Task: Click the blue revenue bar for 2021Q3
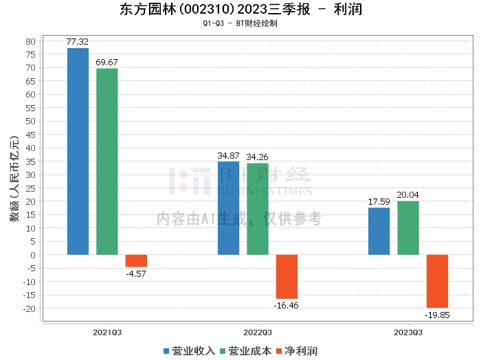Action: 78,151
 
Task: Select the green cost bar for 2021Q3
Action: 107,161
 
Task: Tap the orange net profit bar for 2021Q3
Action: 136,260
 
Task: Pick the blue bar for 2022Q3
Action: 229,208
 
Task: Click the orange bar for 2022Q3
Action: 287,277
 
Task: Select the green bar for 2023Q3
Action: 408,228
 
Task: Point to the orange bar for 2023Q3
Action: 437,281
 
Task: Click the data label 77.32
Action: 77,42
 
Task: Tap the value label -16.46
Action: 287,306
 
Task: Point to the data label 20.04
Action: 407,194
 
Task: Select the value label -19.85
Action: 437,315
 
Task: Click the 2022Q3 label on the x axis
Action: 258,333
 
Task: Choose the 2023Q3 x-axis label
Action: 408,333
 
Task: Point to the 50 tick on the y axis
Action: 31,122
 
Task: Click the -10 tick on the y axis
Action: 29,282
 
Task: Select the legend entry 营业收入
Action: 189,351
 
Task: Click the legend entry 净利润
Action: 297,351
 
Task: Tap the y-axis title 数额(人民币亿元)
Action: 14,179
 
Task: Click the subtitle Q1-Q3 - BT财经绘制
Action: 240,23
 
